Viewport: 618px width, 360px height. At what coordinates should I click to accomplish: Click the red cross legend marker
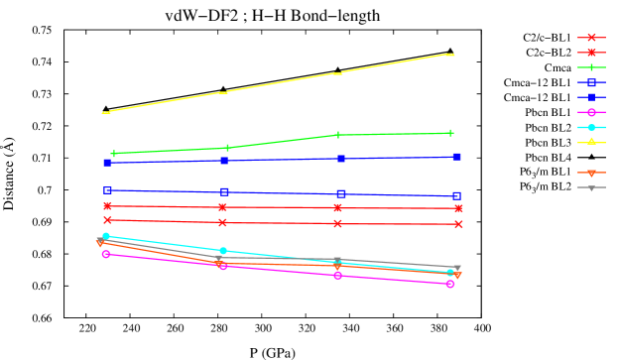click(591, 38)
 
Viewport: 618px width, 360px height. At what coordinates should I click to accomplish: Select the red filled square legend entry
click(591, 53)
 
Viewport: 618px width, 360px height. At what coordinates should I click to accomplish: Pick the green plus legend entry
click(591, 67)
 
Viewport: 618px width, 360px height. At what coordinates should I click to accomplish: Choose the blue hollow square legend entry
click(591, 82)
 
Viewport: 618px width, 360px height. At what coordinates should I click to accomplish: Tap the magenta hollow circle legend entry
click(591, 112)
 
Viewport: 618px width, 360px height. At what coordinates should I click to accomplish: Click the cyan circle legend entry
click(591, 127)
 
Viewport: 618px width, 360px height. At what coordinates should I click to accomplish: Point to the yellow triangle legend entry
click(591, 142)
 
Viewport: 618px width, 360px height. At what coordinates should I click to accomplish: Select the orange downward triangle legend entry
click(591, 173)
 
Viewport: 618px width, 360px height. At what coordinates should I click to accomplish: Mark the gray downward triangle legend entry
click(591, 187)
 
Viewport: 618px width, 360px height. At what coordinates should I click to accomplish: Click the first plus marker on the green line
click(114, 154)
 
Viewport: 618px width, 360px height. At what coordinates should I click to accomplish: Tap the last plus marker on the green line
click(450, 133)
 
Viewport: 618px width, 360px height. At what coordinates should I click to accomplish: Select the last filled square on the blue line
click(456, 157)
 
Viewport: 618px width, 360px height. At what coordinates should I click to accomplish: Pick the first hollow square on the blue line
click(107, 189)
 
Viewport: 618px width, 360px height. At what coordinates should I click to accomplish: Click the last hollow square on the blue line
click(456, 195)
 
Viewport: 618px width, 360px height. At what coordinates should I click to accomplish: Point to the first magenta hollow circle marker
click(106, 254)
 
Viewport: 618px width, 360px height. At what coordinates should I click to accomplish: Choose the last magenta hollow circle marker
click(449, 284)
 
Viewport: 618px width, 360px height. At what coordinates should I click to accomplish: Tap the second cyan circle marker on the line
click(223, 251)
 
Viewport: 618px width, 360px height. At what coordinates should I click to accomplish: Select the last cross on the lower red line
click(458, 224)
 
